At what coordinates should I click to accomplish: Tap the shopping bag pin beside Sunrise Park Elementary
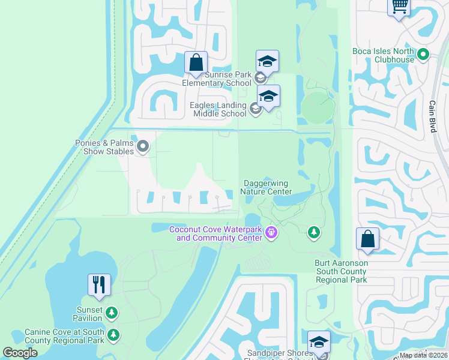click(x=196, y=62)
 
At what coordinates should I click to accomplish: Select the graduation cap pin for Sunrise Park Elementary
click(x=267, y=61)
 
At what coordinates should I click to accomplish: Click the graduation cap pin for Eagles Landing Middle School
click(x=268, y=97)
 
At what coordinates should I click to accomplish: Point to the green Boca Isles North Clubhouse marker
click(x=423, y=55)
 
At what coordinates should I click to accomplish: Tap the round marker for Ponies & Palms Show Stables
click(x=143, y=145)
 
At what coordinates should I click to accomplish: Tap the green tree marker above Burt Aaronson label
click(x=313, y=232)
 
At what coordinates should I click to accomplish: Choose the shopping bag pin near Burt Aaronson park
click(x=367, y=239)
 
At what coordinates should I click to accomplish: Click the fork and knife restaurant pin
click(x=99, y=284)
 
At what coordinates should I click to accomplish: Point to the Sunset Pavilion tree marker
click(x=111, y=312)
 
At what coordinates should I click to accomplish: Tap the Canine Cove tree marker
click(x=113, y=334)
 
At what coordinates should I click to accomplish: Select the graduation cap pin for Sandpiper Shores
click(x=319, y=342)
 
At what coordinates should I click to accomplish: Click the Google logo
click(x=20, y=353)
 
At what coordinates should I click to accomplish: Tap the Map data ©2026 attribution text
click(x=423, y=355)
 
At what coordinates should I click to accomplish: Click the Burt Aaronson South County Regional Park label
click(x=341, y=271)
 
